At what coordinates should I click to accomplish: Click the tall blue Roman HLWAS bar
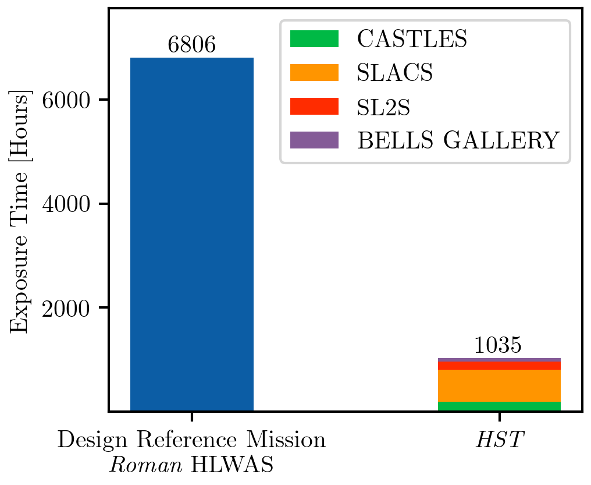pos(191,233)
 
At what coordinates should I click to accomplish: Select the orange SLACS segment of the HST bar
pos(499,385)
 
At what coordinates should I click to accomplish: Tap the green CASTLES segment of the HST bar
pos(499,406)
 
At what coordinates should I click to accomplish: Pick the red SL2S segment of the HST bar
pos(499,366)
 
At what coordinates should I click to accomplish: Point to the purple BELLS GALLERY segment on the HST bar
pos(499,360)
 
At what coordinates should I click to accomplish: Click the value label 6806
pos(191,45)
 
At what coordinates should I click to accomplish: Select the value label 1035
pos(499,345)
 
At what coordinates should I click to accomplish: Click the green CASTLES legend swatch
pos(314,39)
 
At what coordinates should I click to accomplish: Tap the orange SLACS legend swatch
pos(314,73)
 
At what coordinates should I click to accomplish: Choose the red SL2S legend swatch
pos(314,106)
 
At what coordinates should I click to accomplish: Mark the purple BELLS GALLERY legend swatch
pos(314,140)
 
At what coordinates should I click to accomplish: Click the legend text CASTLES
pos(411,39)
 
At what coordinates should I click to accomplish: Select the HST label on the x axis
pos(499,441)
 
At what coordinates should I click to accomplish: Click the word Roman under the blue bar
pos(137,465)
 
